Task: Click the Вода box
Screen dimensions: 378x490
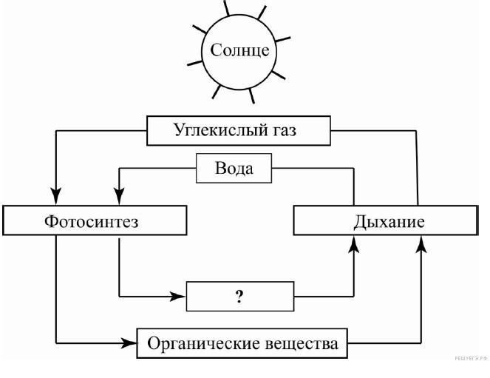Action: coord(234,168)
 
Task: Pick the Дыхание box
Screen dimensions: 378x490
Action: coord(385,221)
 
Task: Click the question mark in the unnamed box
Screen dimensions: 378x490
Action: coord(239,297)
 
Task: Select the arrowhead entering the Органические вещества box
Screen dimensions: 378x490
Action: coord(131,343)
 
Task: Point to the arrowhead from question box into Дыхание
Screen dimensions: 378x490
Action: coord(354,245)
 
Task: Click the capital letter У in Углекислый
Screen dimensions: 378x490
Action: coord(179,131)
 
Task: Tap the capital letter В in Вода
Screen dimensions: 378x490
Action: coord(220,168)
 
